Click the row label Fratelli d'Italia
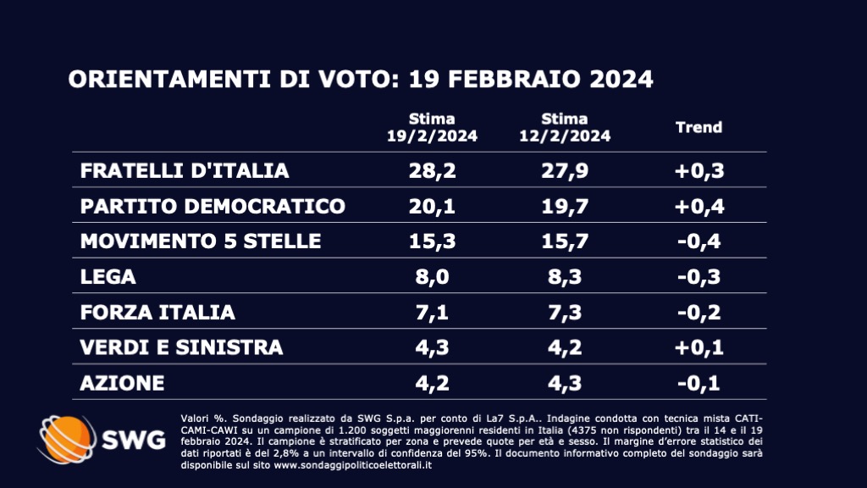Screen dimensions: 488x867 click(x=185, y=170)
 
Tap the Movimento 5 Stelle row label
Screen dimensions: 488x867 click(x=201, y=241)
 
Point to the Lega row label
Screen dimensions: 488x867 click(x=108, y=277)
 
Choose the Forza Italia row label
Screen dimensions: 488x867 click(x=157, y=313)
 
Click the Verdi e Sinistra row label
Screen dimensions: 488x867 click(x=181, y=347)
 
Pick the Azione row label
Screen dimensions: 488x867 click(x=122, y=383)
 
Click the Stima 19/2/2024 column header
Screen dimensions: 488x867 click(x=432, y=127)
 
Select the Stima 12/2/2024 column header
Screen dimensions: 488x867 click(x=565, y=127)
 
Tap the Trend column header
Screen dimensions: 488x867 click(x=699, y=127)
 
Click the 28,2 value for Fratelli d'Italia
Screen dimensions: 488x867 click(x=432, y=170)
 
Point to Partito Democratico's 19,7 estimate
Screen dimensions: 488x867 click(x=565, y=206)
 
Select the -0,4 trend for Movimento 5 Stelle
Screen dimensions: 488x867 click(x=699, y=241)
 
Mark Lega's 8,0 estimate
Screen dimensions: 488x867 click(x=432, y=277)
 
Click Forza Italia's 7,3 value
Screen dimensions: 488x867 click(x=565, y=313)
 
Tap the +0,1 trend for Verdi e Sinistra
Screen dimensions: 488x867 click(x=699, y=347)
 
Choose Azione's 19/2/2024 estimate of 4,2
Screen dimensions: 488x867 click(x=432, y=383)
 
